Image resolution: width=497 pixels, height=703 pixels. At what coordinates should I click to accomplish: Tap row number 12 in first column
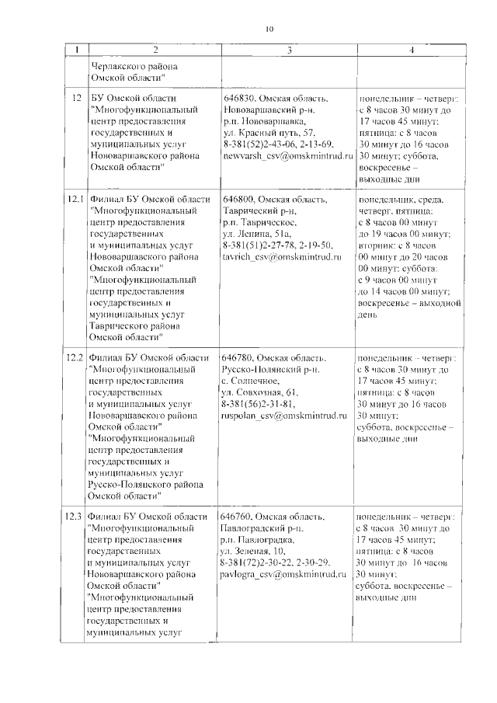76,99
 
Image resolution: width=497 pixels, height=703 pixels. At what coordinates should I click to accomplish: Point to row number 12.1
75,200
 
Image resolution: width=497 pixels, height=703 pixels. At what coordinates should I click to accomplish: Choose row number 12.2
75,358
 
